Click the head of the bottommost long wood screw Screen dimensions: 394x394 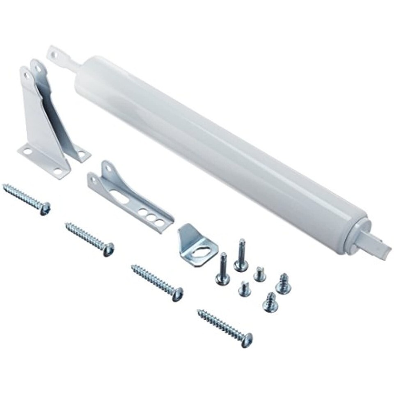click(246, 340)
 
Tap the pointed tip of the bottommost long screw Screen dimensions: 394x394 click(199, 312)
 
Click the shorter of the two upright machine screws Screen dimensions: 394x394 click(223, 269)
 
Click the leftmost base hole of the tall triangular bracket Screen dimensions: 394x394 click(27, 151)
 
